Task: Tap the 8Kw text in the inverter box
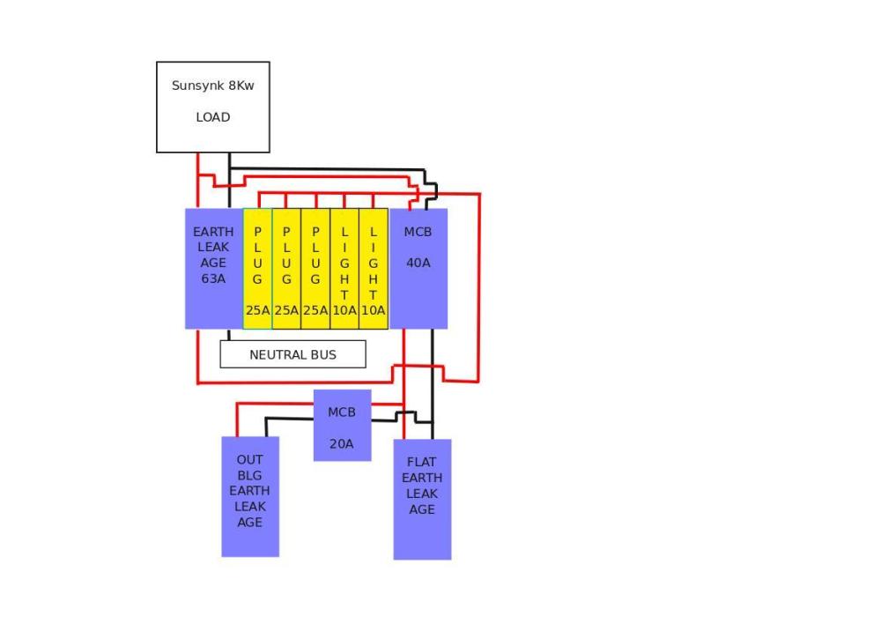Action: [241, 85]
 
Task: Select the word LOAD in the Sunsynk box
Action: [213, 117]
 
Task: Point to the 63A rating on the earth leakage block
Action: [213, 279]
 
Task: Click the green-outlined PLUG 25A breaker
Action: [257, 269]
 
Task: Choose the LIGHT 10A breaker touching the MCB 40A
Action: [373, 269]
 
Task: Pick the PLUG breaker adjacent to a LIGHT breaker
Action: [315, 269]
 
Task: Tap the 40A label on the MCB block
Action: [418, 263]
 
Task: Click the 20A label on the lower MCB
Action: [342, 443]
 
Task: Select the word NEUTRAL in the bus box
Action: [274, 354]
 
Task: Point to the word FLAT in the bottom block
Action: [421, 462]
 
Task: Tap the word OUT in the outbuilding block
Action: [249, 460]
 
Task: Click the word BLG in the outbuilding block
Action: [249, 476]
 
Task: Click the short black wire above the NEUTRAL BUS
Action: [229, 335]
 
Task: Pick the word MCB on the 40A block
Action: [418, 232]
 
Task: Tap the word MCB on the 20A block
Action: [342, 412]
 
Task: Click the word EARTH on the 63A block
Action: [213, 232]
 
